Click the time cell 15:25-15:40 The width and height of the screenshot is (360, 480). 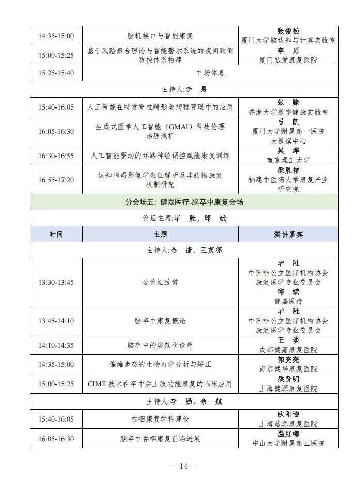(x=56, y=73)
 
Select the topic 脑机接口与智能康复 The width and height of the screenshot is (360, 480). (x=160, y=36)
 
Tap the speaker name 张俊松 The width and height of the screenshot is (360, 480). (x=288, y=31)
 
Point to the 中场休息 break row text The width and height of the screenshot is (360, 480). (x=210, y=73)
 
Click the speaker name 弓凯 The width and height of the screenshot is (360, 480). (x=288, y=122)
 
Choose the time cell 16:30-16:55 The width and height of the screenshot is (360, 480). (x=56, y=156)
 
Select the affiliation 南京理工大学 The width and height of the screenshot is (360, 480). (x=288, y=160)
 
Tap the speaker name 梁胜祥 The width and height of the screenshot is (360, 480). (x=288, y=170)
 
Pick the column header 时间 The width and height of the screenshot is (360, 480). (x=56, y=234)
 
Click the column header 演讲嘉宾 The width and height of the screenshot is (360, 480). (x=288, y=234)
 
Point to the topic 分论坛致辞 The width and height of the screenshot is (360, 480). (x=160, y=282)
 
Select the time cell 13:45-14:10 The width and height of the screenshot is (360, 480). (x=56, y=321)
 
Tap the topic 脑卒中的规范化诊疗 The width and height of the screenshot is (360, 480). (x=160, y=345)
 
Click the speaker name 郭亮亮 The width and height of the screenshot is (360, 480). (x=288, y=360)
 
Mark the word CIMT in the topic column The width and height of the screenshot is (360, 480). (x=98, y=384)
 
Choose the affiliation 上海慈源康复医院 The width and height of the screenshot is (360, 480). (x=288, y=424)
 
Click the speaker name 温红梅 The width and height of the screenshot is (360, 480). (x=288, y=434)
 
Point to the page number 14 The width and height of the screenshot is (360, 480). (x=184, y=467)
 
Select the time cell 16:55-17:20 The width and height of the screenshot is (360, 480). (x=56, y=180)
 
